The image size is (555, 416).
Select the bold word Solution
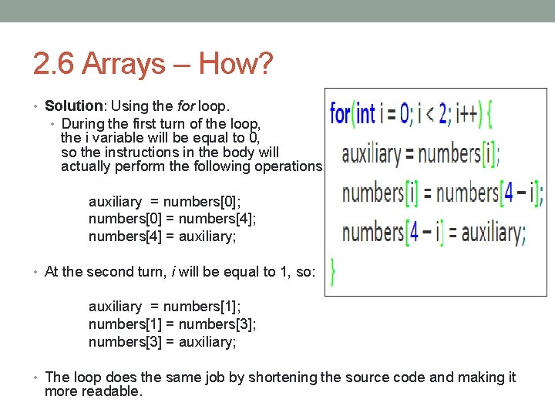tap(74, 106)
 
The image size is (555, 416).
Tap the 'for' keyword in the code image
tap(340, 115)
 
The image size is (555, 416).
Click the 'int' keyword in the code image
tap(365, 115)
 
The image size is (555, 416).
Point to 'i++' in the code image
tap(466, 115)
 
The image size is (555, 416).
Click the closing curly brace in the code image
tap(332, 271)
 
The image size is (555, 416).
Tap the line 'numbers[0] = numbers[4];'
tap(173, 219)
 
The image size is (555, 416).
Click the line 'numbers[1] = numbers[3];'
tap(173, 324)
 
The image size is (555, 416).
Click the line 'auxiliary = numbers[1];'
tap(165, 307)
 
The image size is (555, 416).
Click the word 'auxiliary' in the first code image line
tap(371, 154)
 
